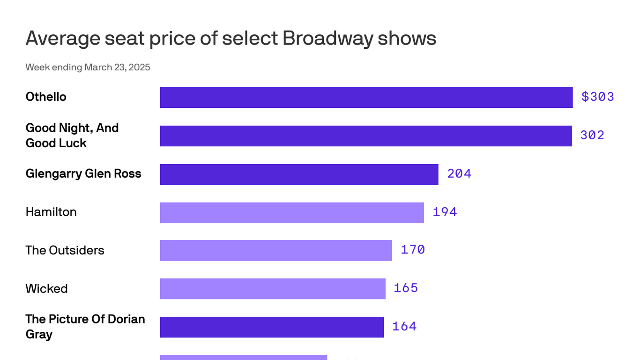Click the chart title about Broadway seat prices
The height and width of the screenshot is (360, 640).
click(x=231, y=38)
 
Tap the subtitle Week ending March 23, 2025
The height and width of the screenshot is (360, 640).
click(x=88, y=67)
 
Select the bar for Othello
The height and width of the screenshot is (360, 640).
click(x=366, y=97)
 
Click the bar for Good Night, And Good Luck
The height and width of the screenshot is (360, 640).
click(x=365, y=136)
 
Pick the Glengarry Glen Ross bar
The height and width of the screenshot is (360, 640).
click(x=299, y=174)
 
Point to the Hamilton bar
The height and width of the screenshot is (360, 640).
click(x=291, y=213)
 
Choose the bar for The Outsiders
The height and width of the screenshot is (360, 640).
click(x=275, y=250)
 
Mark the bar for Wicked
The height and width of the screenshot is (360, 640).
click(x=272, y=289)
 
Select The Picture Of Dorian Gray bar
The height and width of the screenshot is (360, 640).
click(x=272, y=327)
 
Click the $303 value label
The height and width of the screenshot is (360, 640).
click(x=597, y=97)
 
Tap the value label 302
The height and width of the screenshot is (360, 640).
click(x=592, y=135)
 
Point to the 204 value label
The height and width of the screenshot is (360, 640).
click(x=459, y=174)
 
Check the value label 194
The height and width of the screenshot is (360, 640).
click(x=445, y=212)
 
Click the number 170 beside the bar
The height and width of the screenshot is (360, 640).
click(x=413, y=250)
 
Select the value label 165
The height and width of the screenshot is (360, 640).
click(x=406, y=288)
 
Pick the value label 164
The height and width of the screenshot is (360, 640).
click(x=404, y=326)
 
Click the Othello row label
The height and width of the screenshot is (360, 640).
click(x=46, y=97)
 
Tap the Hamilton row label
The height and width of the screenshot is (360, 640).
click(x=51, y=212)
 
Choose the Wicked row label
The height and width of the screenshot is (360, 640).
click(x=46, y=289)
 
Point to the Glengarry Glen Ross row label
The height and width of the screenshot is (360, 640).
click(x=83, y=174)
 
